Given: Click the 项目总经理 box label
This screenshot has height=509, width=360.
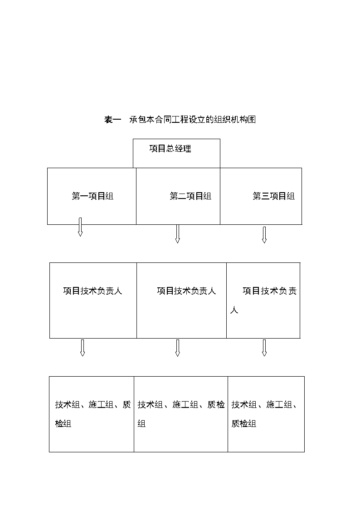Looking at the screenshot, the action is point(170,149).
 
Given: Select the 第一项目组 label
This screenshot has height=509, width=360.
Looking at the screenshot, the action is point(92,196).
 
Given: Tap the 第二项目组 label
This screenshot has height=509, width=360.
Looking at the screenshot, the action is point(190,196).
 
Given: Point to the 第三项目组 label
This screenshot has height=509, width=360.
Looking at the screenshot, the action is point(274,196).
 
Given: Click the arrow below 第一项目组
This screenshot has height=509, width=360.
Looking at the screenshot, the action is point(80,227).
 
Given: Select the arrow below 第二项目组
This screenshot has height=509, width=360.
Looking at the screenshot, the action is point(177,234).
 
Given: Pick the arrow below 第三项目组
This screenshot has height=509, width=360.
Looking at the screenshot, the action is point(264,235).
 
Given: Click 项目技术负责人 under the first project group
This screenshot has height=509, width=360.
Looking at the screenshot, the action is point(92,291).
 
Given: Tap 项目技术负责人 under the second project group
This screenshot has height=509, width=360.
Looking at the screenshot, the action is point(186,291).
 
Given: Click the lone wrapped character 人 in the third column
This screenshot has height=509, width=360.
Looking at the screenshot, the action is point(234,310).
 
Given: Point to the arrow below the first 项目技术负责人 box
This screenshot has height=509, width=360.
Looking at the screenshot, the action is point(83,348).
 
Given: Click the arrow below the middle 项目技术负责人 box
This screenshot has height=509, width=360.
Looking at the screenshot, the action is point(177,348).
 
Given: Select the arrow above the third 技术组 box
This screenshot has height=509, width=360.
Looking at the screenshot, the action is point(264,348).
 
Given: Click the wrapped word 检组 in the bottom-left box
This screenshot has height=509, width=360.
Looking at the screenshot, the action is point(63,424).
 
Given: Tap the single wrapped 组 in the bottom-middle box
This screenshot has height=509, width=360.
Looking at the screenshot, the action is point(141,424).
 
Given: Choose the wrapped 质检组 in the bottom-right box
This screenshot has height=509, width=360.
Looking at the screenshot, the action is point(244,424).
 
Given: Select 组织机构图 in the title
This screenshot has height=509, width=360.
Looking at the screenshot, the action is point(235,120).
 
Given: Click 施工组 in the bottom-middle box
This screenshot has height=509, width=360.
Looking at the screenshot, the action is point(185,404).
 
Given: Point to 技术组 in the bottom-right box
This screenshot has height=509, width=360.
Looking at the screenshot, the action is point(244,404).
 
